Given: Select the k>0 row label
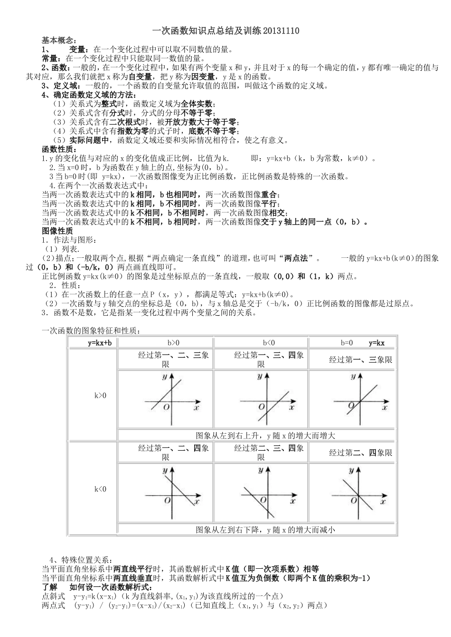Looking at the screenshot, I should (x=100, y=395).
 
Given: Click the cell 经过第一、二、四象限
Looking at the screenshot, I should (x=166, y=453).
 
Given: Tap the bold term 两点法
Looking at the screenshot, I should (x=299, y=258).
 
